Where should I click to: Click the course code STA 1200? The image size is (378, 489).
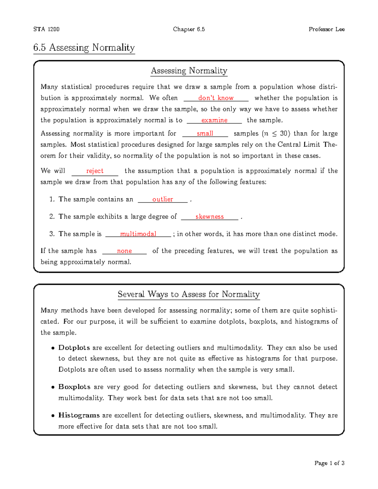[x=46, y=29]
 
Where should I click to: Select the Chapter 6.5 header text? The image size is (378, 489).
[x=189, y=29]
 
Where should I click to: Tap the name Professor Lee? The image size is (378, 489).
[x=326, y=29]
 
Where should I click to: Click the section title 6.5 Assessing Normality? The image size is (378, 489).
[x=84, y=48]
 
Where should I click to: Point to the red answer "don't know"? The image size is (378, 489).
[x=216, y=98]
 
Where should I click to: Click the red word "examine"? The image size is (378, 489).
[x=214, y=120]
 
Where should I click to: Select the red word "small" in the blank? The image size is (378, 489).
[x=205, y=134]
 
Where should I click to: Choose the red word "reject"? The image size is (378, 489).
[x=95, y=171]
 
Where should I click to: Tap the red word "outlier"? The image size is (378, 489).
[x=163, y=199]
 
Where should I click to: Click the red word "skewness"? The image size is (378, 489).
[x=209, y=217]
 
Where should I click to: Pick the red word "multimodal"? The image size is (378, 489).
[x=138, y=234]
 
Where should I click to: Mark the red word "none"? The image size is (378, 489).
[x=124, y=251]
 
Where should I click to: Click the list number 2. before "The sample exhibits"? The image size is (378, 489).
[x=52, y=217]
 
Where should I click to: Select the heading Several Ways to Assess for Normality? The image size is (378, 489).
[x=189, y=294]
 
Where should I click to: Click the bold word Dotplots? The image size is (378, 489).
[x=74, y=348]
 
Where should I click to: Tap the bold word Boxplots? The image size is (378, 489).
[x=74, y=387]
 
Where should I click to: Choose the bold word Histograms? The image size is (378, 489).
[x=79, y=415]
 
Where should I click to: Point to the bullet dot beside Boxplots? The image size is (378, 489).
[x=53, y=387]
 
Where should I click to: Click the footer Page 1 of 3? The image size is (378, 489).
[x=329, y=463]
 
